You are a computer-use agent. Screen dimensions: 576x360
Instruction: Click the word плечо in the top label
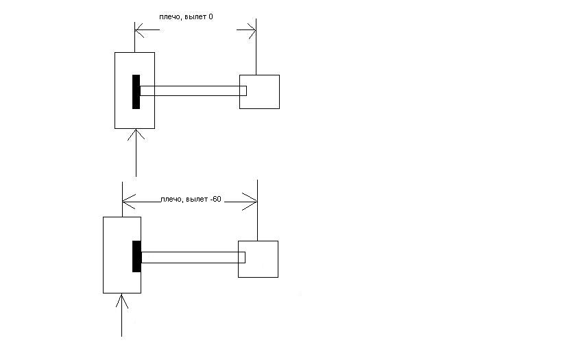click(x=170, y=17)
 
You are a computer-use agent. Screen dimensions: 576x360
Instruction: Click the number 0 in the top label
click(x=211, y=16)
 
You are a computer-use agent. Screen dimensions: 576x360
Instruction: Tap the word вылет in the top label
click(x=195, y=16)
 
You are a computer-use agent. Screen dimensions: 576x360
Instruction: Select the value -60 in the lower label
click(x=216, y=199)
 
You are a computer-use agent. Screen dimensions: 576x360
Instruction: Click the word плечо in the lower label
click(x=171, y=200)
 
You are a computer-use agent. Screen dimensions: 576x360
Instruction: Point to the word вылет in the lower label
click(x=197, y=199)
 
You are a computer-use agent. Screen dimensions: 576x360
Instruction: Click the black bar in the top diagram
click(x=136, y=92)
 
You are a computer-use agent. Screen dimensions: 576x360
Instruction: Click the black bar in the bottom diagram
click(x=136, y=256)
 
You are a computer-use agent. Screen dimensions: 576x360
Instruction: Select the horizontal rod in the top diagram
click(x=193, y=91)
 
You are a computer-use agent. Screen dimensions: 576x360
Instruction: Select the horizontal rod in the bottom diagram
click(x=193, y=258)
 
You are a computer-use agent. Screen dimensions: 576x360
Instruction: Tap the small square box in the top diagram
click(x=259, y=92)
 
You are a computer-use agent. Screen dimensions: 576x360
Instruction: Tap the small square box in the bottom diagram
click(x=259, y=259)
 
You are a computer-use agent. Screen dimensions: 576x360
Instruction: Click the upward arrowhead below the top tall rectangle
click(x=136, y=135)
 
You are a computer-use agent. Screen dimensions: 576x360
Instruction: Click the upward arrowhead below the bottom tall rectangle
click(x=122, y=301)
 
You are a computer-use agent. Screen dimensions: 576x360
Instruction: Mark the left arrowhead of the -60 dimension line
click(x=129, y=202)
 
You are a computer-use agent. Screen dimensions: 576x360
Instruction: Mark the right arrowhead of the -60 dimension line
click(x=250, y=202)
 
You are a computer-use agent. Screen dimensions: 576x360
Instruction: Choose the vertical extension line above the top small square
click(x=256, y=47)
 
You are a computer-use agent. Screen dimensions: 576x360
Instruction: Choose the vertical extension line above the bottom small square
click(x=258, y=211)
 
